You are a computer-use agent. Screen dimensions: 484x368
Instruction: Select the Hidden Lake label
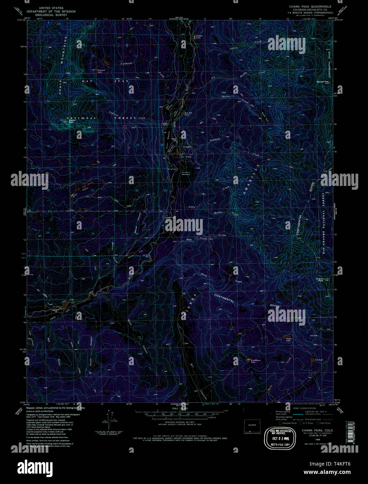pos(199,37)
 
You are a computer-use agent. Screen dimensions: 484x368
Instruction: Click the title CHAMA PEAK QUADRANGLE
pos(310,7)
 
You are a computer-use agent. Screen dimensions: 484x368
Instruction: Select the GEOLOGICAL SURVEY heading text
pos(51,16)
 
